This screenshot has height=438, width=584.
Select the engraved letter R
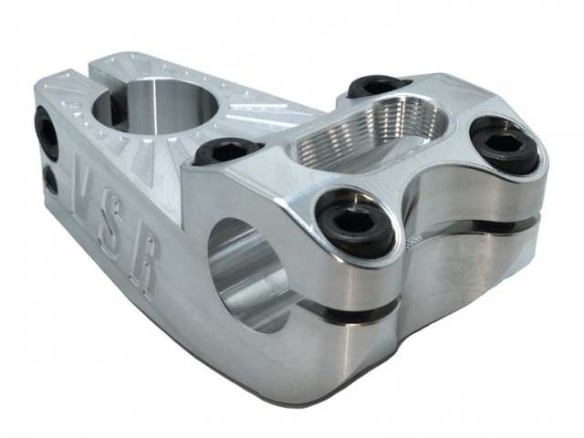pos(145,267)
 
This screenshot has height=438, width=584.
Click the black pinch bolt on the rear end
pos(47,131)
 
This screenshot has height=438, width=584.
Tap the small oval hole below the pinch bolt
pos(50,180)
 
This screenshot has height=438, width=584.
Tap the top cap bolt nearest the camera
pos(358,224)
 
